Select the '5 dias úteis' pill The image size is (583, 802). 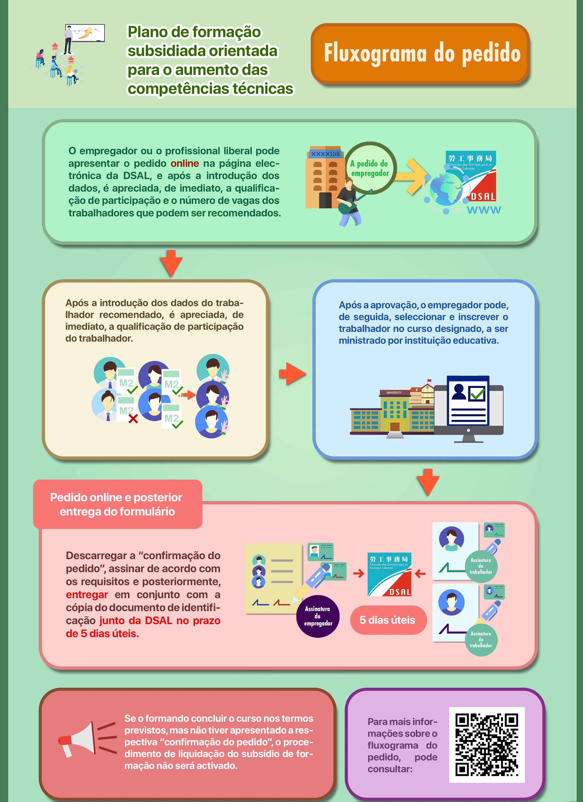(x=388, y=620)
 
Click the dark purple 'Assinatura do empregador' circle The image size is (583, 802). (x=318, y=616)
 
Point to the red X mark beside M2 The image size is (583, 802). (x=133, y=419)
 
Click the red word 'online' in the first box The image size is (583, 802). (x=185, y=163)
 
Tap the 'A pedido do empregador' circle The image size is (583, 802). (x=370, y=168)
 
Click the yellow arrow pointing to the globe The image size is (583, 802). (x=414, y=176)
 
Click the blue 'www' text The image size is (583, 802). (x=484, y=210)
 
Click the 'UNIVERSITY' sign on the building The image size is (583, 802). (x=394, y=393)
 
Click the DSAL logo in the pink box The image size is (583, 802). (x=389, y=574)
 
